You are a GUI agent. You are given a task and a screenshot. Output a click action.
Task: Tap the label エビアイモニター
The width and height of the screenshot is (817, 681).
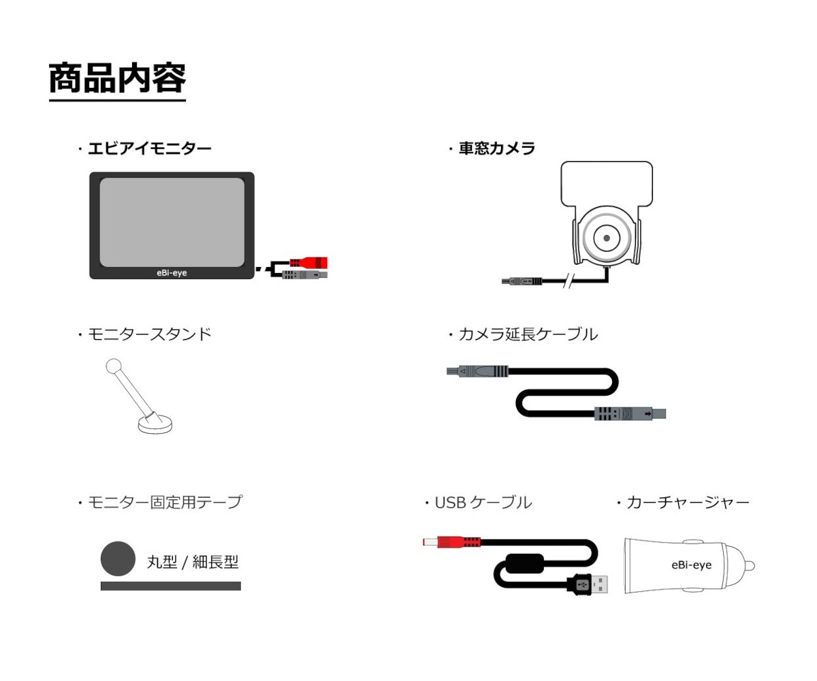tap(150, 148)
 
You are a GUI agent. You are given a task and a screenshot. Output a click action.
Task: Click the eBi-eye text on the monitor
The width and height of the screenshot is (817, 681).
tap(172, 273)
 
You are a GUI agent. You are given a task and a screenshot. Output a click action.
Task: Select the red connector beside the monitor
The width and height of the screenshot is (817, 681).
tap(308, 262)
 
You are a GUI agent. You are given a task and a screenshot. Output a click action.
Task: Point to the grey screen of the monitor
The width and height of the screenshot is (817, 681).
tap(172, 222)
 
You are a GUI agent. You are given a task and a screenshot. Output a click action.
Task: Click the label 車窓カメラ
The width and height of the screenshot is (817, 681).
tap(497, 148)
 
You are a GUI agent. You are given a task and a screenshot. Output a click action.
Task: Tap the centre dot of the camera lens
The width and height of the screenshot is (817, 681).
tap(607, 238)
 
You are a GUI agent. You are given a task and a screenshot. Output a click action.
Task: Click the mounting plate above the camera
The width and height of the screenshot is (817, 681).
tap(607, 184)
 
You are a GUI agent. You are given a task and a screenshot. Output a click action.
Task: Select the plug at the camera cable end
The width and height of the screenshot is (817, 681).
tap(522, 281)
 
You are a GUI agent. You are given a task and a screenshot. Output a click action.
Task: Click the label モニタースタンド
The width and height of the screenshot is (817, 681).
tap(150, 334)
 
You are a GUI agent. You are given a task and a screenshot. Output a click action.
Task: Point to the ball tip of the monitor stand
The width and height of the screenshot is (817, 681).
tap(114, 366)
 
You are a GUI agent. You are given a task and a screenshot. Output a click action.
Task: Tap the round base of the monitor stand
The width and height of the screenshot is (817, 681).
tap(155, 425)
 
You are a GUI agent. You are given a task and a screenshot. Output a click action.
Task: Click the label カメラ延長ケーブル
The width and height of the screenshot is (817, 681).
tap(528, 334)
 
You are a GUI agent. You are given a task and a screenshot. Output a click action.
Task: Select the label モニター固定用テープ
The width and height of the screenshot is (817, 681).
tap(165, 502)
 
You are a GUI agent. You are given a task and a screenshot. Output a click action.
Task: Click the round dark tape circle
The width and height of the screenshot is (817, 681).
tap(118, 558)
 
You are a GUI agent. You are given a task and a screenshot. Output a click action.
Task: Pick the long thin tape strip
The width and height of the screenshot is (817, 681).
tap(171, 586)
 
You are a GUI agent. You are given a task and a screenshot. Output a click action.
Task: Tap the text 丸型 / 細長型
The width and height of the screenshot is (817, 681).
tap(193, 562)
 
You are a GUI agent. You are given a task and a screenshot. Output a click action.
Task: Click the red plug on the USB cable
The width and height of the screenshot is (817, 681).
tap(451, 542)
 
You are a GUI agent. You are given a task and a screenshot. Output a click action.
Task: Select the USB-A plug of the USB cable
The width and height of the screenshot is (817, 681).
tap(588, 585)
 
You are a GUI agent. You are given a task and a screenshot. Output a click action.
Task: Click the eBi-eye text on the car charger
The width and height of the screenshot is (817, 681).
tap(692, 565)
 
